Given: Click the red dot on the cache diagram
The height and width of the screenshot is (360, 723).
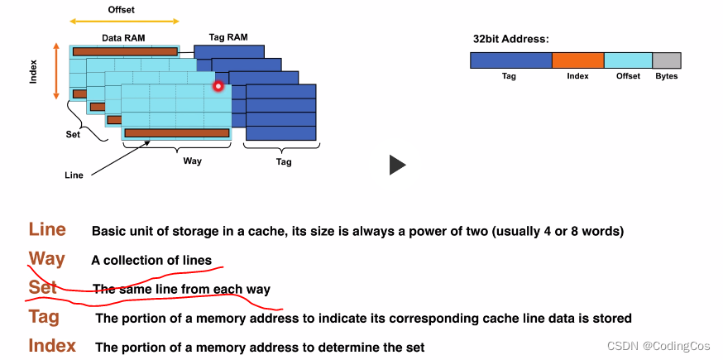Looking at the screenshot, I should [218, 86].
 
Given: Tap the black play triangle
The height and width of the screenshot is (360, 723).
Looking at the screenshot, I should [397, 165].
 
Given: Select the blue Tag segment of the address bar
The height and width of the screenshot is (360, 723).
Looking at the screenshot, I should [510, 60].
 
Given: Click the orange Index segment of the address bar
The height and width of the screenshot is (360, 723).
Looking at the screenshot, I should [577, 60].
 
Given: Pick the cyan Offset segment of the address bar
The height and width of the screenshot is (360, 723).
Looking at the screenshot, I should [628, 60].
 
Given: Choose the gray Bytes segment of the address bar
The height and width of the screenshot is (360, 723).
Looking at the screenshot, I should [666, 60].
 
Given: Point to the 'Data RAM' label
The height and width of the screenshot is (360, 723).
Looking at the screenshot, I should [123, 38].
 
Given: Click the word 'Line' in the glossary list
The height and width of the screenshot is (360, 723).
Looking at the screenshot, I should [47, 230].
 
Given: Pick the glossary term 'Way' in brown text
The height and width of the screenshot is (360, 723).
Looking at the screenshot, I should [46, 259].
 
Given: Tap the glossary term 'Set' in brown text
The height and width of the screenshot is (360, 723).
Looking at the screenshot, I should [42, 287].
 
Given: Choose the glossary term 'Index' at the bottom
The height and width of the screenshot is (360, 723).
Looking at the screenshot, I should [52, 346].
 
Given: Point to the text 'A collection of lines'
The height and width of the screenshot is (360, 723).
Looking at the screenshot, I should [151, 261].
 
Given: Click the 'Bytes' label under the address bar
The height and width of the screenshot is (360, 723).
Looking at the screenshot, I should [666, 76].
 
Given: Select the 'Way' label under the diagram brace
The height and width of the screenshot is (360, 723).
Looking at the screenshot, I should [192, 161].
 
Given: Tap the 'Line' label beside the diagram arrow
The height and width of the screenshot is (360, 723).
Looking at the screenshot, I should [74, 175].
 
